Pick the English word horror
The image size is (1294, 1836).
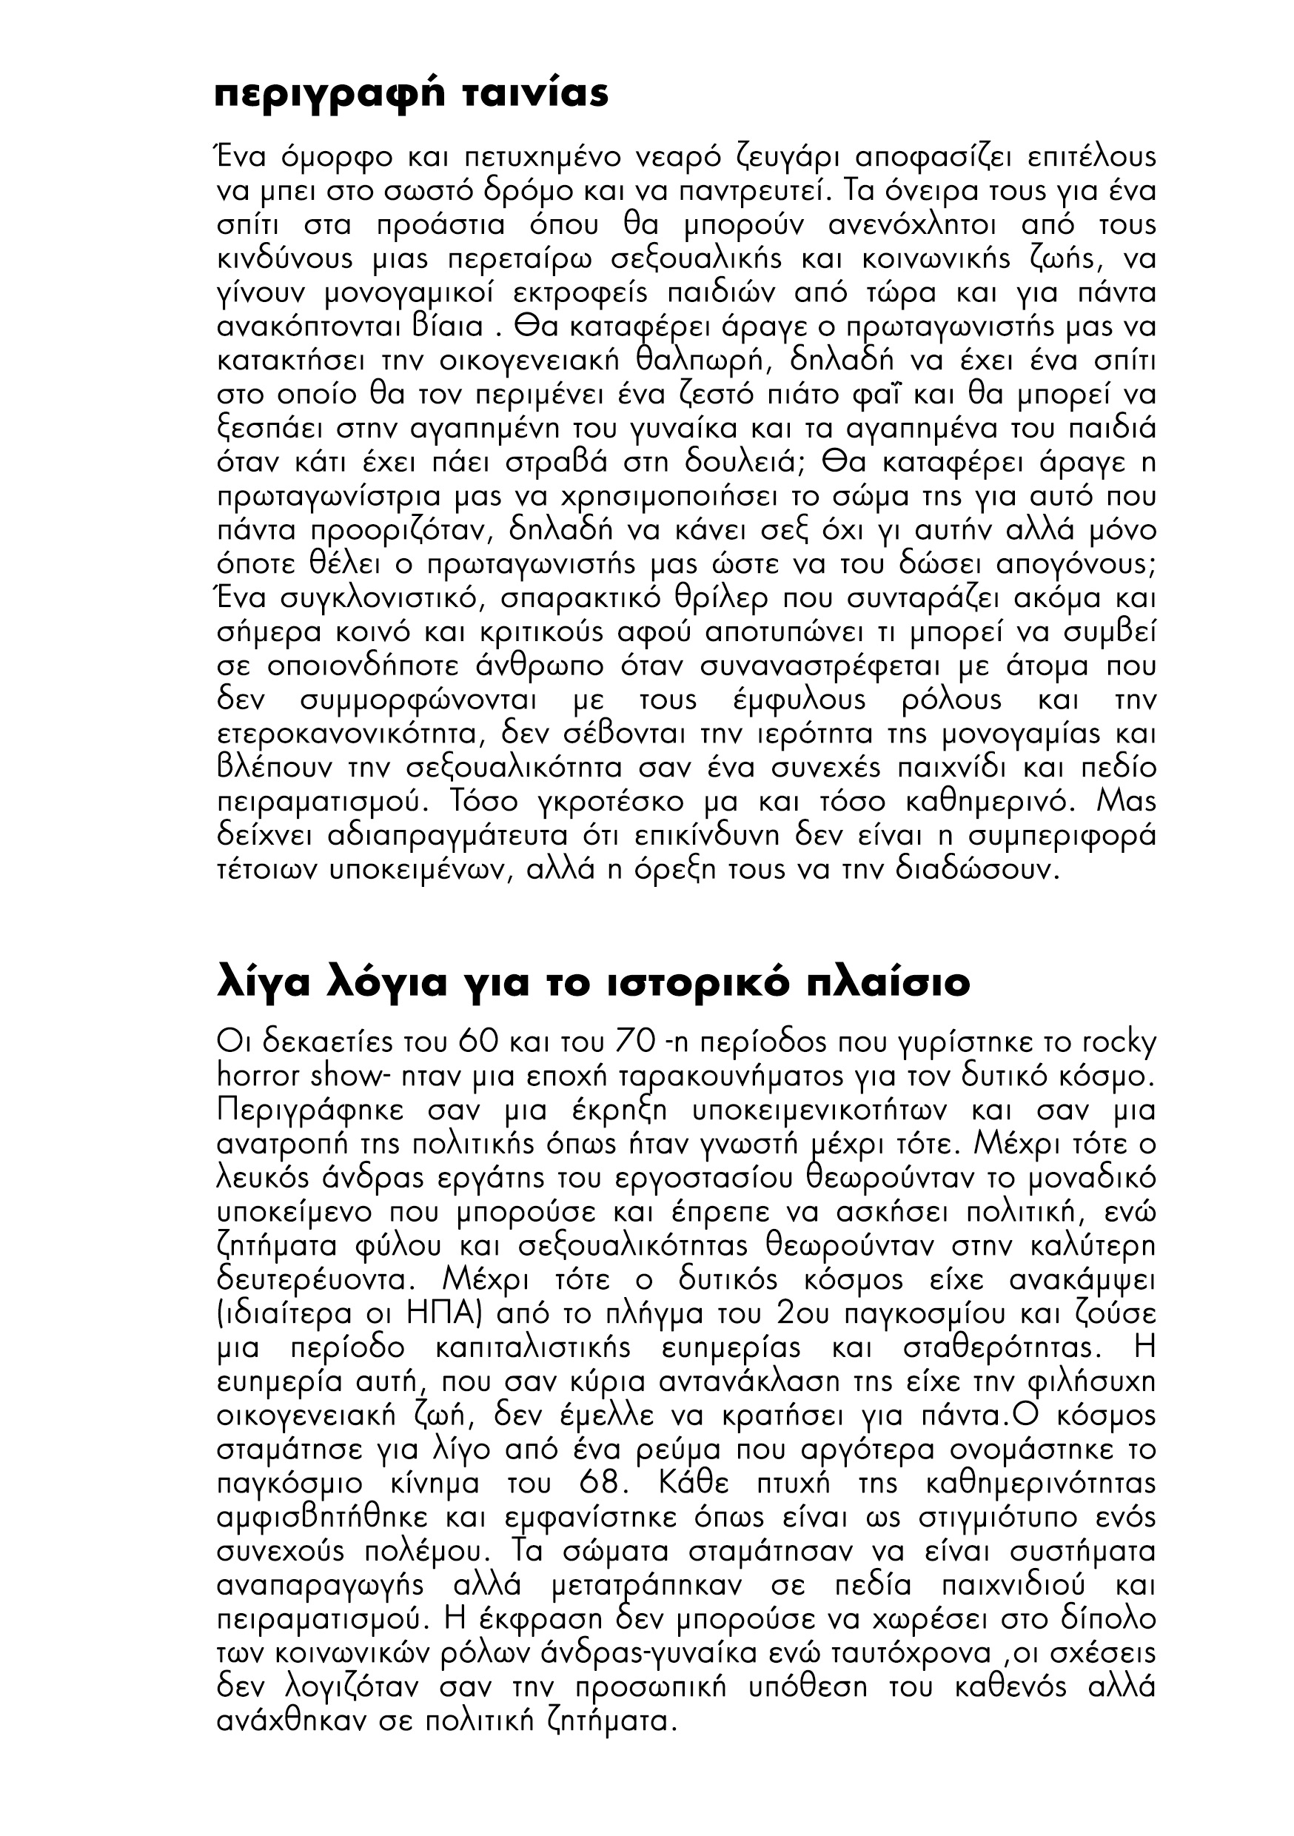tap(258, 1076)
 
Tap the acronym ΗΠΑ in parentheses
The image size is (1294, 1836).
tap(455, 1313)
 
